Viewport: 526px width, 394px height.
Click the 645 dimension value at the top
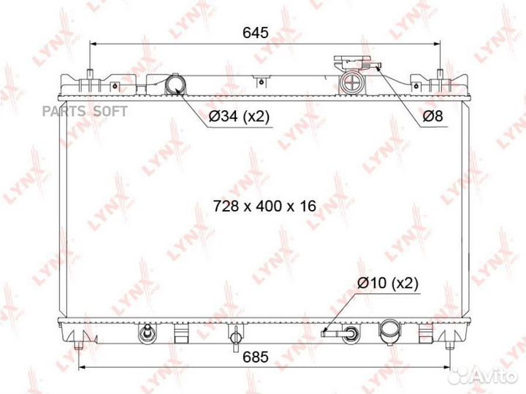pos(256,32)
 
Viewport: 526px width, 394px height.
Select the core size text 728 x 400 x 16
pos(264,206)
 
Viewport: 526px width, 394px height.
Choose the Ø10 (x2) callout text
pos(387,284)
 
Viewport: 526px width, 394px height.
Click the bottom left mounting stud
pos(147,333)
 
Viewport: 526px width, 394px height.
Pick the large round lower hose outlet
pos(387,334)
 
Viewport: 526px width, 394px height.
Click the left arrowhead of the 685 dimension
pos(80,367)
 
